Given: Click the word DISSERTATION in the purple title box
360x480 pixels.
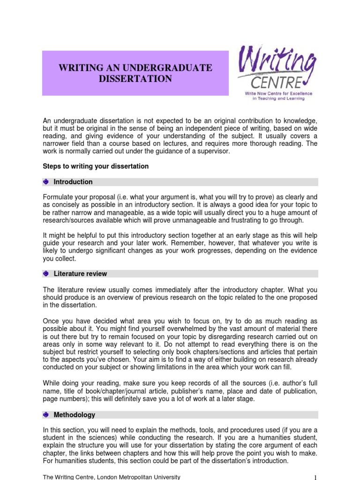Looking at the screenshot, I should (135, 79).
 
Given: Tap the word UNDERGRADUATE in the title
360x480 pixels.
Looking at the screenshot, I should (171, 68).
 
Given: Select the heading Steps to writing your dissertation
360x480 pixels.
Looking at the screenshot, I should (96, 166).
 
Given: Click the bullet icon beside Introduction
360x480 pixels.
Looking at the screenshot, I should (46, 182).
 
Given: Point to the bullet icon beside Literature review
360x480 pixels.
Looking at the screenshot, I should (46, 274).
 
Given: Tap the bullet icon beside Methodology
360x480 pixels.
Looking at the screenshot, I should (46, 415).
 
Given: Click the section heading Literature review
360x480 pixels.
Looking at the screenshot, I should (80, 274).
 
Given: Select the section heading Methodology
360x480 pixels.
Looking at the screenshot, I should (74, 415).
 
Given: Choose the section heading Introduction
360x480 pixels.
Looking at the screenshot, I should (73, 182).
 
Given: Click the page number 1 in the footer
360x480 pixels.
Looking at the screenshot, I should (315, 477).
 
